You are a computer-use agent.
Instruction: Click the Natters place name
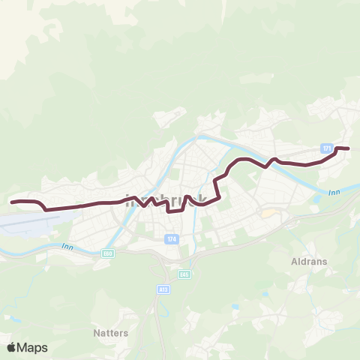click(x=111, y=331)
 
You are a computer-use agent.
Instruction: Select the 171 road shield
click(x=327, y=148)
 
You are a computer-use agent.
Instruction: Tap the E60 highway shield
click(x=108, y=254)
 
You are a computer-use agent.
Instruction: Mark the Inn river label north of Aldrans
click(x=334, y=193)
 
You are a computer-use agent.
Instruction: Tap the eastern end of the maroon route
click(x=349, y=148)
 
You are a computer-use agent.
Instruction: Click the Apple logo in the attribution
click(x=12, y=347)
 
